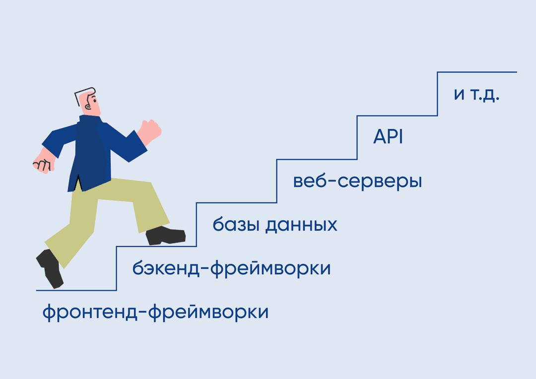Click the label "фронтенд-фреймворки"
[155, 312]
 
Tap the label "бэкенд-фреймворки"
[231, 268]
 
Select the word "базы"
[236, 224]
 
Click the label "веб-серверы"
[357, 182]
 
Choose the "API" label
[388, 137]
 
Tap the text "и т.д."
[476, 94]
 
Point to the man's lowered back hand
[44, 162]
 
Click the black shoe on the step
[165, 236]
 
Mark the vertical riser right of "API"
[437, 94]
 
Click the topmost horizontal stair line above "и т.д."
[477, 72]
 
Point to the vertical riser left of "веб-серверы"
[276, 181]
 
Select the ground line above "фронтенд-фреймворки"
[76, 291]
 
